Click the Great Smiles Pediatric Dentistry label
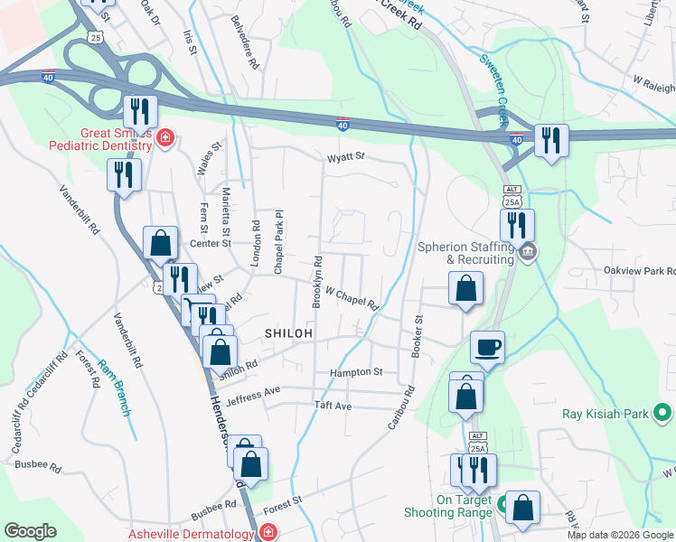tap(99, 137)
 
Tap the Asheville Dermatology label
tap(191, 534)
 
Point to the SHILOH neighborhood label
tap(288, 333)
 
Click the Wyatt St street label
tap(345, 156)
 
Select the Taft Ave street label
tap(332, 406)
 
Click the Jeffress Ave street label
tap(255, 394)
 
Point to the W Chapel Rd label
tap(351, 297)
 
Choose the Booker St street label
tap(418, 336)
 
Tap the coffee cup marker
tap(487, 347)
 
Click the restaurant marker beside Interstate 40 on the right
tap(550, 140)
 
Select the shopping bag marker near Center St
tap(160, 243)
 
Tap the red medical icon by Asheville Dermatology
tap(268, 534)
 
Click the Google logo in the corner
tap(31, 531)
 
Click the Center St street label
tap(211, 243)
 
